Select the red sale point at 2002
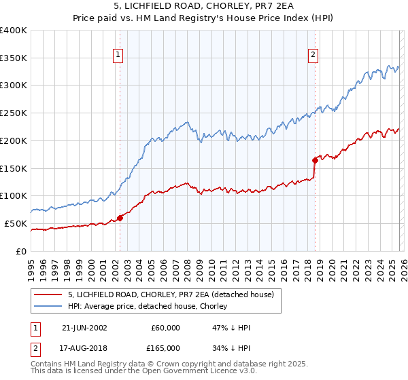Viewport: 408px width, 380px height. [120, 218]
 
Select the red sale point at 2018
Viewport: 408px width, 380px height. [316, 160]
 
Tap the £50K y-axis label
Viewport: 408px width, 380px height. [16, 223]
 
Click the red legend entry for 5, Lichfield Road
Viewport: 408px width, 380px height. [171, 294]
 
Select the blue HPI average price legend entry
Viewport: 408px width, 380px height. [150, 306]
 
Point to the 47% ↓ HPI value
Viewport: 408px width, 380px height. [231, 328]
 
